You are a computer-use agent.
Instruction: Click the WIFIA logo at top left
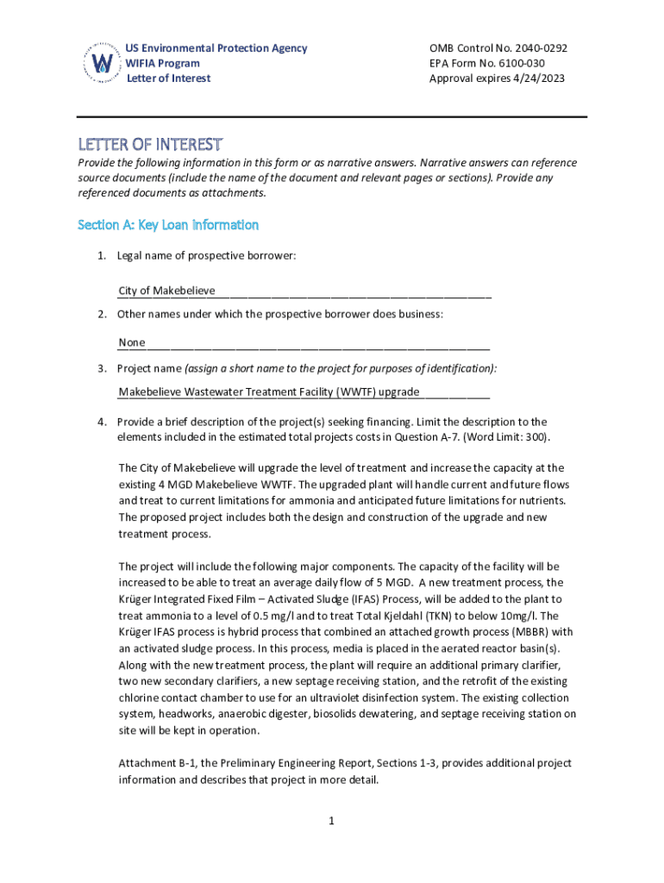pyautogui.click(x=102, y=63)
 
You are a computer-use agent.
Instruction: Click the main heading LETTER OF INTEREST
pyautogui.click(x=150, y=143)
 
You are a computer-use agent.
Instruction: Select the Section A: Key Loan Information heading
pyautogui.click(x=168, y=225)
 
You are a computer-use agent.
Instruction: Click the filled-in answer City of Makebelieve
pyautogui.click(x=166, y=291)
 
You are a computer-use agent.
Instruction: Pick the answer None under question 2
pyautogui.click(x=132, y=342)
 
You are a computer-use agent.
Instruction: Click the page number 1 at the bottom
pyautogui.click(x=330, y=820)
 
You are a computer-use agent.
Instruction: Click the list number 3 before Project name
pyautogui.click(x=102, y=369)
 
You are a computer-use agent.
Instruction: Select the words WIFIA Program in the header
pyautogui.click(x=163, y=63)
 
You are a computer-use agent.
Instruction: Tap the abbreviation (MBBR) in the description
pyautogui.click(x=511, y=632)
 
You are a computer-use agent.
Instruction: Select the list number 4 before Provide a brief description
pyautogui.click(x=102, y=422)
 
